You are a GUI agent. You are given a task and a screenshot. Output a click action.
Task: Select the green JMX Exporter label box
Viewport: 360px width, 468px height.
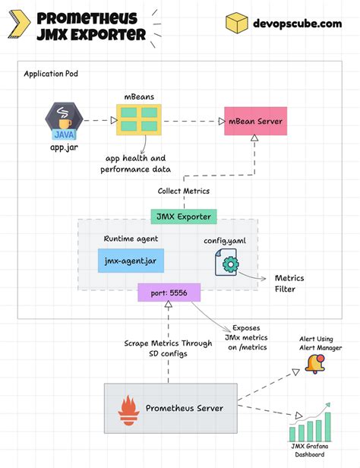click(x=184, y=216)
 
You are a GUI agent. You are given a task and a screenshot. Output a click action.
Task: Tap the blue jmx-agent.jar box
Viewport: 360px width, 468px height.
click(x=131, y=262)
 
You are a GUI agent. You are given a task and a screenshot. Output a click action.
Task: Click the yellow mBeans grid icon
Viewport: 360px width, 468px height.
click(x=137, y=121)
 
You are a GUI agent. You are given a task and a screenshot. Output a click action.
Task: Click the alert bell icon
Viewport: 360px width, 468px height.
click(x=314, y=363)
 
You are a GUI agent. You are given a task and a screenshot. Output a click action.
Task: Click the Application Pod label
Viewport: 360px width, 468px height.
click(x=51, y=74)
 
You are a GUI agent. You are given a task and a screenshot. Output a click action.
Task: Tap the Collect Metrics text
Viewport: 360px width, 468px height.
click(x=183, y=191)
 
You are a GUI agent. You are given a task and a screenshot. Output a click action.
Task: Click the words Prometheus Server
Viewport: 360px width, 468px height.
click(x=184, y=408)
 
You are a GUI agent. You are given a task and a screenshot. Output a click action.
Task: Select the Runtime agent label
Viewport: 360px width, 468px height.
click(x=131, y=239)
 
